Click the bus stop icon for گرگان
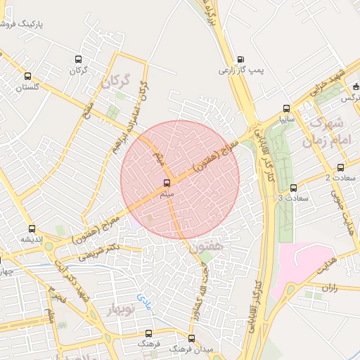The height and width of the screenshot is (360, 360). (78, 59)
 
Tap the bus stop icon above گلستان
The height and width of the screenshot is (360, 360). (27, 76)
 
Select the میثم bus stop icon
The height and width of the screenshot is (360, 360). (166, 183)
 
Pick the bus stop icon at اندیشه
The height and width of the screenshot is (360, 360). (32, 229)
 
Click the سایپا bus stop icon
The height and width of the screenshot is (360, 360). (285, 108)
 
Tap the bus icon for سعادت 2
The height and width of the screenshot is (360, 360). (341, 167)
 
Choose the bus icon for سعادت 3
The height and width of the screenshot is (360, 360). (293, 188)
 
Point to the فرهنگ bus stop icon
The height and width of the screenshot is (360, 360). (148, 333)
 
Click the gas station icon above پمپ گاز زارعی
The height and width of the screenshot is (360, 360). (241, 59)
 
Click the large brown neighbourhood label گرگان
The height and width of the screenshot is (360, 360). (116, 81)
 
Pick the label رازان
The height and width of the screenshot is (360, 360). (330, 288)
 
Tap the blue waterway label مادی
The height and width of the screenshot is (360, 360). (143, 302)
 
